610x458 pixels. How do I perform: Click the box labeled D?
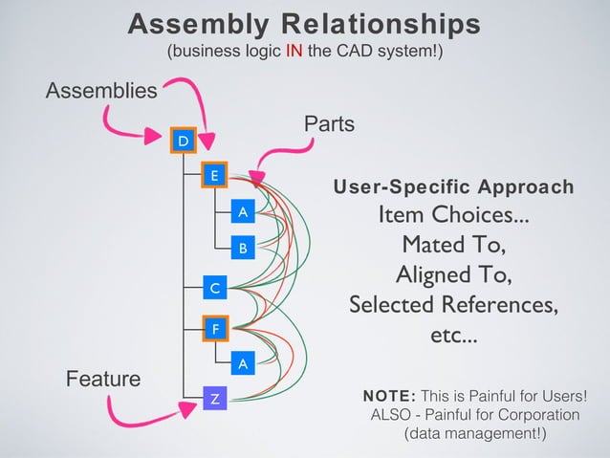182,140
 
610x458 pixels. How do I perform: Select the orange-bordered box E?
214,175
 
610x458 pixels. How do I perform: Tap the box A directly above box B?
243,211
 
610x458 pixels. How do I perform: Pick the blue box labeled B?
243,249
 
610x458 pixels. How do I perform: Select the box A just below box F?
243,363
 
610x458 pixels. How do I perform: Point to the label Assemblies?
102,91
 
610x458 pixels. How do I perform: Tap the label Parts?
329,124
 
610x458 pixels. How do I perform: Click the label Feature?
102,379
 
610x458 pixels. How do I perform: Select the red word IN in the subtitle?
297,52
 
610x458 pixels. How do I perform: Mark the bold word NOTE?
388,396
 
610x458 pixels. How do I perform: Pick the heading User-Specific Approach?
453,186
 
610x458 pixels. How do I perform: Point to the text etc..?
453,337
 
